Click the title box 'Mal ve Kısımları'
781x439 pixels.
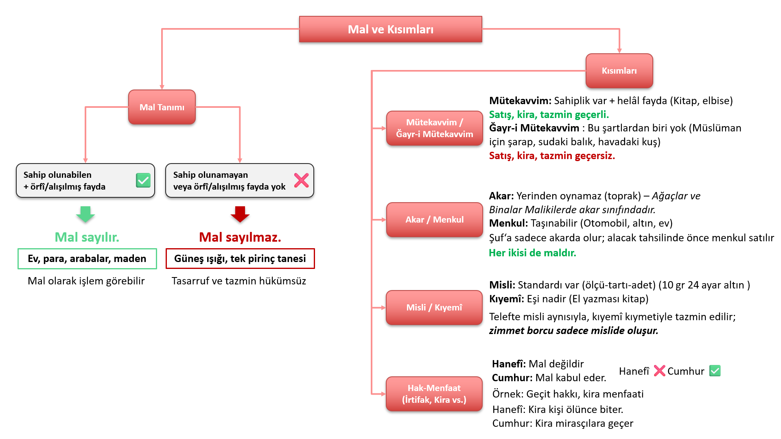(x=390, y=29)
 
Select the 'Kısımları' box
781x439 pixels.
(x=619, y=71)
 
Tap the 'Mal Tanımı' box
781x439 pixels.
(x=162, y=107)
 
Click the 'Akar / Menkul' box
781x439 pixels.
(x=434, y=220)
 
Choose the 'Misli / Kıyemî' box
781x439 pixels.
(x=434, y=308)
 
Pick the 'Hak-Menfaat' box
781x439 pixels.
(x=434, y=394)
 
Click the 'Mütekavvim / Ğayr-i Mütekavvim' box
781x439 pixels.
(x=434, y=128)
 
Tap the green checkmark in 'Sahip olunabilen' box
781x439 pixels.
(x=143, y=180)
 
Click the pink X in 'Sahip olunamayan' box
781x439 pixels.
(x=301, y=180)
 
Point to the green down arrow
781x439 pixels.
(x=85, y=214)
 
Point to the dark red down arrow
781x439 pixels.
(x=240, y=214)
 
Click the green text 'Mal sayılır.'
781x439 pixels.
(x=87, y=237)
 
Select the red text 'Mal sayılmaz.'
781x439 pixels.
(x=240, y=237)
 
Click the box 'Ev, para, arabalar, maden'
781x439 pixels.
(x=87, y=259)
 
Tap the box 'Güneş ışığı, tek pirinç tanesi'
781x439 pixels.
(x=240, y=259)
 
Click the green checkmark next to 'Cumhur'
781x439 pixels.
(x=715, y=371)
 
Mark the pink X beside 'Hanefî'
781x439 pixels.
(x=659, y=371)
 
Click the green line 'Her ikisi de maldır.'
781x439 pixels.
(x=532, y=253)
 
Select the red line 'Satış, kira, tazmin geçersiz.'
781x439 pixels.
(x=552, y=156)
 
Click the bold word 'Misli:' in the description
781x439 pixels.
(x=502, y=285)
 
